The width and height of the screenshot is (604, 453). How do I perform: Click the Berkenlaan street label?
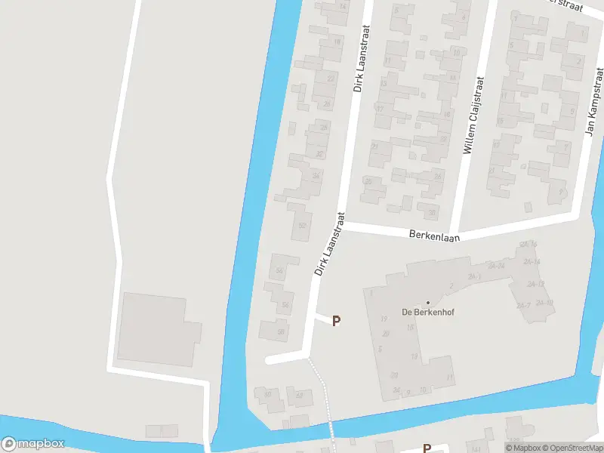tap(434, 235)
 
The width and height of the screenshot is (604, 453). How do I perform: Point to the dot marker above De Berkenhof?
tap(427, 303)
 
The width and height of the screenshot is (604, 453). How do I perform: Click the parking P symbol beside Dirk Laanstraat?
tap(337, 321)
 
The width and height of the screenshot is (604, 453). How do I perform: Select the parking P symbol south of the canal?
tap(427, 448)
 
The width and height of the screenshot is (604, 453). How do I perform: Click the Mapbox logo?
tap(33, 444)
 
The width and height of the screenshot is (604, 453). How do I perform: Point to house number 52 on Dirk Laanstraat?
tap(303, 226)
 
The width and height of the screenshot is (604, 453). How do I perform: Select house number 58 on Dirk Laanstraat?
tap(281, 331)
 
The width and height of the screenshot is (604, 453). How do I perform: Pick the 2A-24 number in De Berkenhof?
tap(496, 266)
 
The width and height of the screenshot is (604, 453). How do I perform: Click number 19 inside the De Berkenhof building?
tap(384, 319)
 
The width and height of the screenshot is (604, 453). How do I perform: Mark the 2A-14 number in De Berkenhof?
tap(532, 262)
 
